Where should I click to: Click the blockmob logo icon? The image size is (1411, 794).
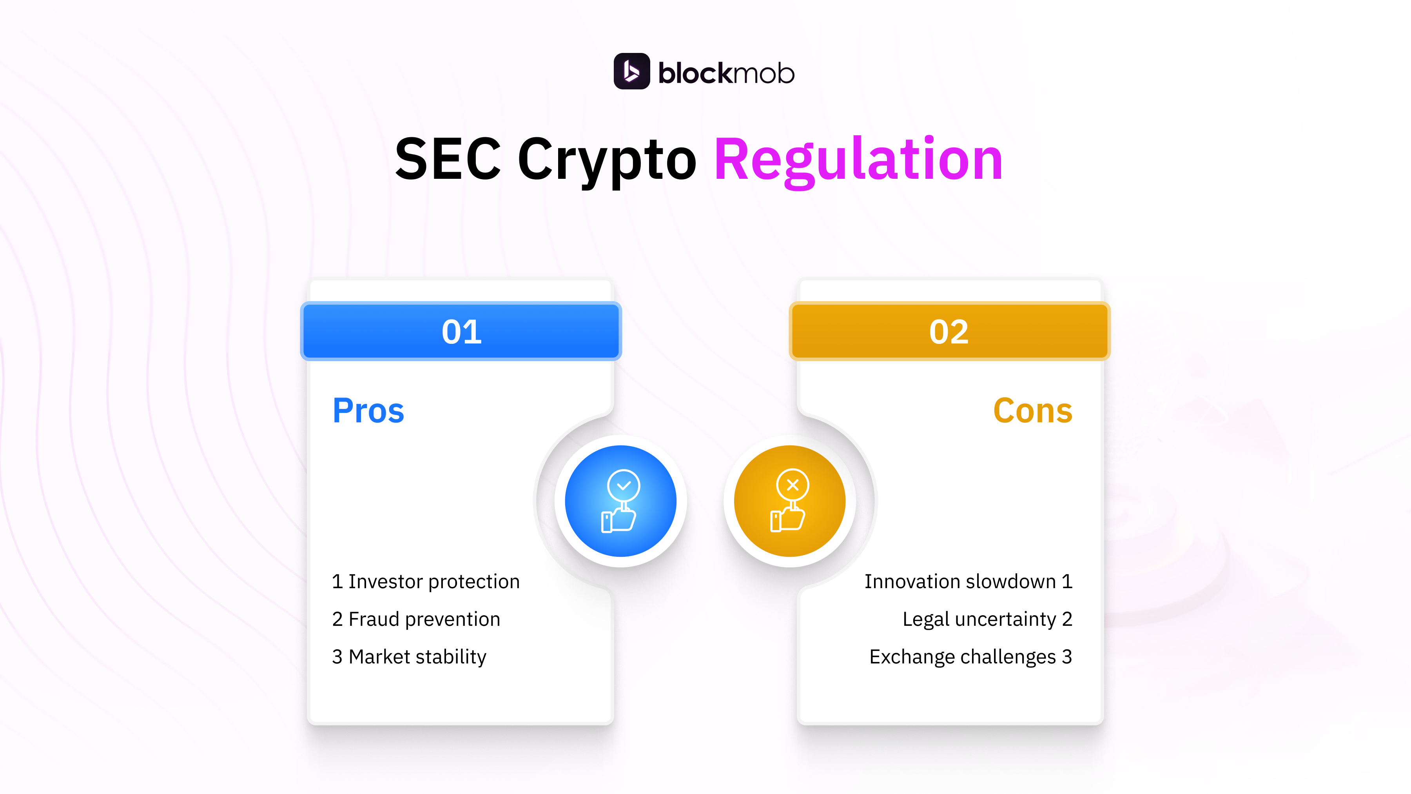point(631,71)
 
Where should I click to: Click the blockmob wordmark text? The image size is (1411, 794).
point(726,73)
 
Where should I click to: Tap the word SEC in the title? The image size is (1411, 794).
point(448,160)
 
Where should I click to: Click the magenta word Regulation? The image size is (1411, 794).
point(858,160)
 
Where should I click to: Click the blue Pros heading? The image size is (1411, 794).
point(368,411)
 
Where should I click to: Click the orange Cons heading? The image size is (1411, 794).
point(1032,411)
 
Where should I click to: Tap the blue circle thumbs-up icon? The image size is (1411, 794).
point(620,501)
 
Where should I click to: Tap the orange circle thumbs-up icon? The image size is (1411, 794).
point(789,501)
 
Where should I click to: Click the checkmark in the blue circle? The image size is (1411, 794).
point(623,485)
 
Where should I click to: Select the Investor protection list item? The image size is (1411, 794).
point(426,581)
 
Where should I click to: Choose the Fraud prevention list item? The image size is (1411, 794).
point(416,619)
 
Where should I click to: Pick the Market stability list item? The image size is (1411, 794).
point(409,656)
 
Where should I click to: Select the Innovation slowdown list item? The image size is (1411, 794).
point(968,581)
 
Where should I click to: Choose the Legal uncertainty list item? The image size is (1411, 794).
point(987,619)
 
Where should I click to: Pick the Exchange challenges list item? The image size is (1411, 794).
point(970,656)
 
